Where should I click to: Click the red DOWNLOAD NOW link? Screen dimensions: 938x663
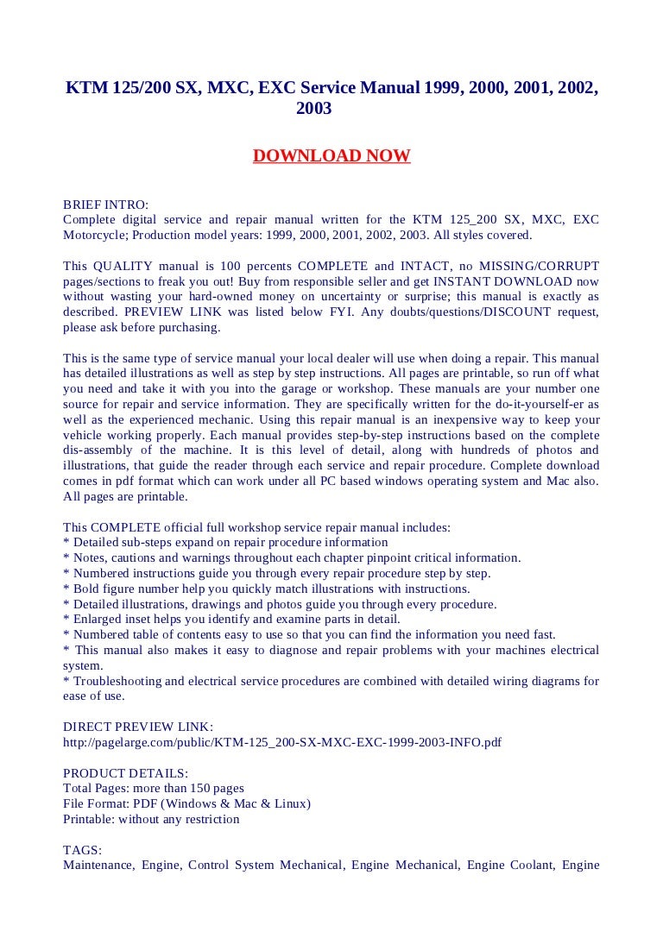tap(331, 156)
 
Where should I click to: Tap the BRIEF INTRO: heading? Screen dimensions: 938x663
tap(105, 205)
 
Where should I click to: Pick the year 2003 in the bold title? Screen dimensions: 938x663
tap(313, 110)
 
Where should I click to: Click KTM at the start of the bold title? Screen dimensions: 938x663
tap(84, 89)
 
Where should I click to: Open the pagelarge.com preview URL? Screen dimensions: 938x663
tap(282, 742)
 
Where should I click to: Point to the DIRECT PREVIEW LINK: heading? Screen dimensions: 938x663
tap(138, 727)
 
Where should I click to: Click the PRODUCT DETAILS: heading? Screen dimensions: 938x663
tap(126, 773)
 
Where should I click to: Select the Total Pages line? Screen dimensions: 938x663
tap(154, 789)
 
